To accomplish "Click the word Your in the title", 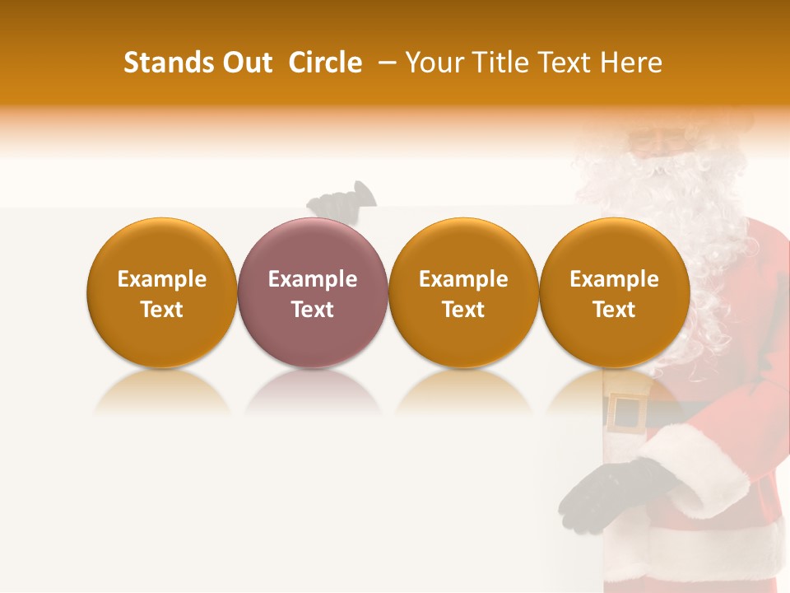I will pyautogui.click(x=433, y=63).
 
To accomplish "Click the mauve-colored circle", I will pyautogui.click(x=312, y=292).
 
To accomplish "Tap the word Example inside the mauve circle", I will pyautogui.click(x=312, y=279).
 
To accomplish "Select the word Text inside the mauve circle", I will pyautogui.click(x=312, y=310).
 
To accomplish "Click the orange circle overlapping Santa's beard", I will pyautogui.click(x=614, y=292).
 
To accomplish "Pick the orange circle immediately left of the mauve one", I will pyautogui.click(x=161, y=292).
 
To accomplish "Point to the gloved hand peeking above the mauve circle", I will pyautogui.click(x=341, y=200).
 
